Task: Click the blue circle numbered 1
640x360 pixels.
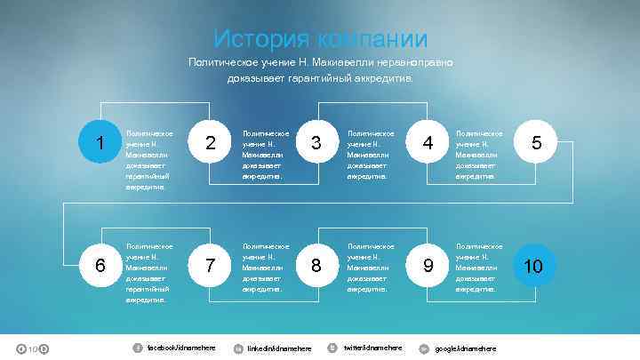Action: coord(100,143)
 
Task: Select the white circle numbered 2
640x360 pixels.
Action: coord(210,143)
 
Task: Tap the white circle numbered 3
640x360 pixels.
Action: coord(316,143)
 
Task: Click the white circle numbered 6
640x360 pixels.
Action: coord(100,265)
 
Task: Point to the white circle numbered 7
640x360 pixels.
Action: coord(210,265)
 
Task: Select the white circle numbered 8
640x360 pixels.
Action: coord(316,265)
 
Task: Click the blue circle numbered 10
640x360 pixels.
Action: coord(533,265)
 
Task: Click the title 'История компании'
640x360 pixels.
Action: coord(320,39)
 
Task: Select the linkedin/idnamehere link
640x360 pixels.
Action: coord(279,348)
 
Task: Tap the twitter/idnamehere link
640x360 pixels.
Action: coord(372,347)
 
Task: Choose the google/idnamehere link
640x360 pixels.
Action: coord(465,348)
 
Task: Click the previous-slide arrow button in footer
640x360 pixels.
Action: coord(20,348)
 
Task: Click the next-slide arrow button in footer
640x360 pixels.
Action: coord(44,348)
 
